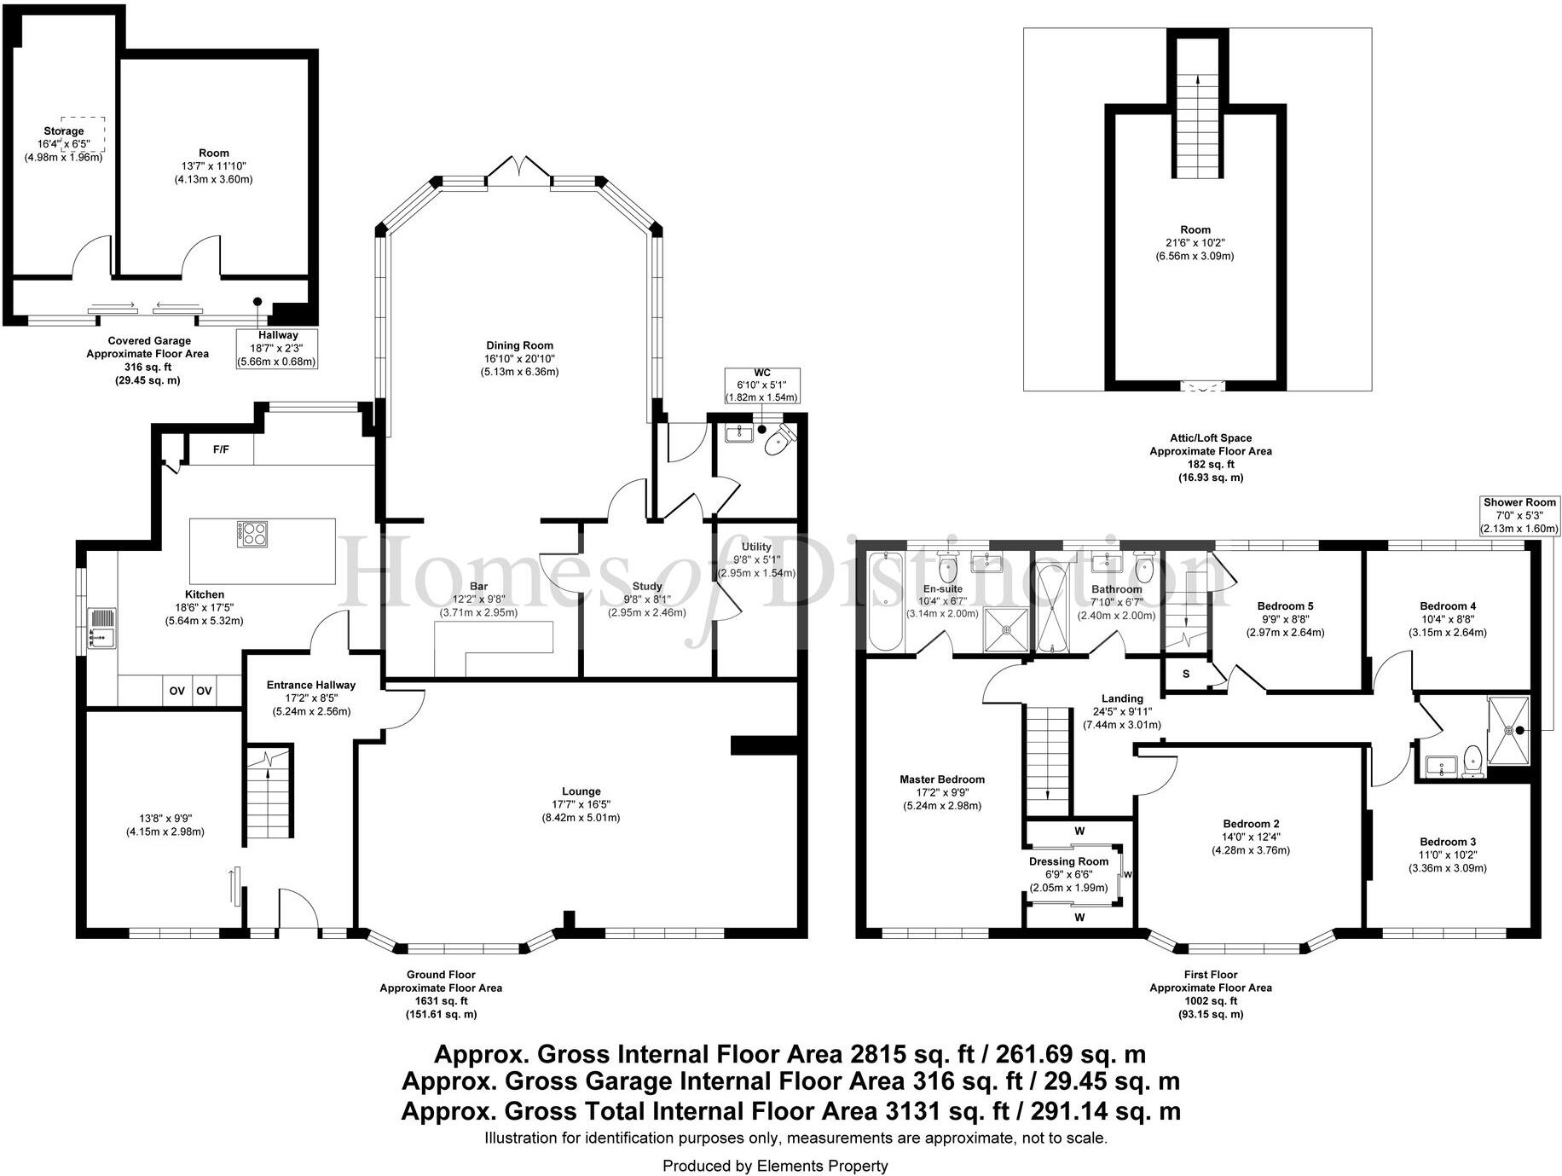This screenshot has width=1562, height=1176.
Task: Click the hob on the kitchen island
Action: point(252,534)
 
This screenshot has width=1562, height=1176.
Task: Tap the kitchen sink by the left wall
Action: point(101,628)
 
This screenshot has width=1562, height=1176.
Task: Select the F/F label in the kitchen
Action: point(221,449)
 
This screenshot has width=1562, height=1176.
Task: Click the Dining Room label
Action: point(520,345)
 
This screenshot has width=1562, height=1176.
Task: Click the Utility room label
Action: point(756,547)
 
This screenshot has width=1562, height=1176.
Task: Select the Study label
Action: point(647,587)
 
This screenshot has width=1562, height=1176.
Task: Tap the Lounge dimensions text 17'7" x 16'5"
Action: point(581,804)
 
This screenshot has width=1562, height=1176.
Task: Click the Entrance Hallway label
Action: point(311,685)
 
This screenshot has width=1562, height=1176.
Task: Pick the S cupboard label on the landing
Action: point(1186,675)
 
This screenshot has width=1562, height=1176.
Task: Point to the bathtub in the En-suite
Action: point(885,600)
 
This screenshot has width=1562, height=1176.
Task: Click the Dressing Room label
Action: point(1069,861)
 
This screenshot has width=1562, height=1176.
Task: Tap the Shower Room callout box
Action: point(1520,515)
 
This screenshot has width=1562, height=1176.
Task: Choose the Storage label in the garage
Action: point(64,131)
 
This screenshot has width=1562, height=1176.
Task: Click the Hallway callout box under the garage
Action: point(278,349)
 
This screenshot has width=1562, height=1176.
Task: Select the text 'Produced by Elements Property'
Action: point(775,1166)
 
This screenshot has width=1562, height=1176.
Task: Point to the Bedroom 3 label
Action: point(1448,842)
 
